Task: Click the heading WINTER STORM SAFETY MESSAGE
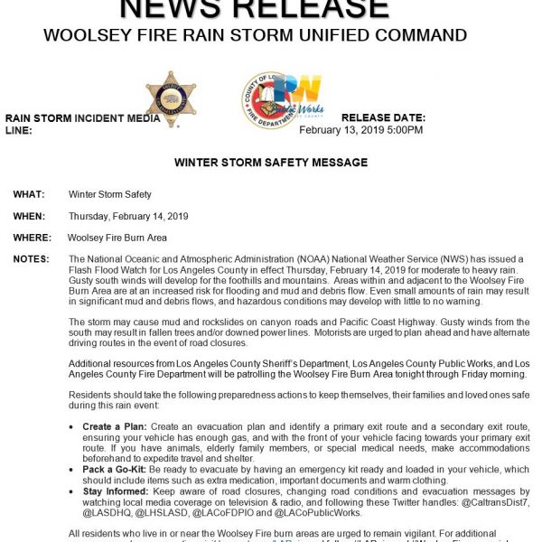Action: tap(270, 163)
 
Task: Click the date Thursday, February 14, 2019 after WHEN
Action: tap(127, 216)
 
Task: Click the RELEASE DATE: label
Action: tap(383, 118)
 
